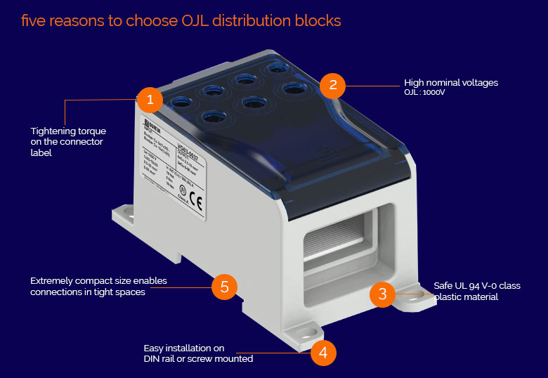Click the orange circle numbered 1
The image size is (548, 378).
150,100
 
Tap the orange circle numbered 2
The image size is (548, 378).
332,86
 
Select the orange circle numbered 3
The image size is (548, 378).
382,294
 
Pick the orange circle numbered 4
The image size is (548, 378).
323,352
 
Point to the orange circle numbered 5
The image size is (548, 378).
224,286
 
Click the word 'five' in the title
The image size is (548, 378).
33,20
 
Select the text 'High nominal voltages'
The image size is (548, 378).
450,82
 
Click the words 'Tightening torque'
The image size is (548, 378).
68,131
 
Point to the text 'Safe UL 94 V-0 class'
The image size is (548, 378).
477,285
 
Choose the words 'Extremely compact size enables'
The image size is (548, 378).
98,281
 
